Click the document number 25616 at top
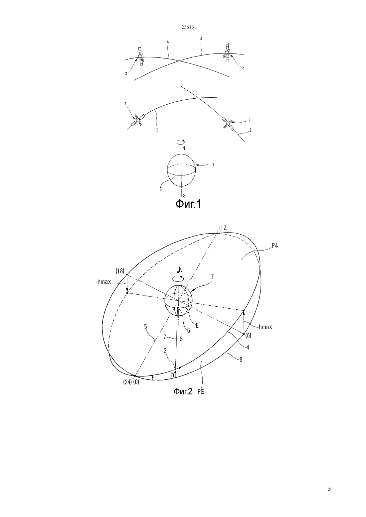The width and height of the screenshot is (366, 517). tap(187, 27)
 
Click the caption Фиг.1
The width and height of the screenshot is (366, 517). tap(188, 204)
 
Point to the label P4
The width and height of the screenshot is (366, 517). tap(274, 246)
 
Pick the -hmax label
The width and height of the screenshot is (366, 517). tap(103, 282)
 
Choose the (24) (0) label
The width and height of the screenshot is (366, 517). tap(131, 382)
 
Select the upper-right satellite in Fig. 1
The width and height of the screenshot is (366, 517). tap(227, 52)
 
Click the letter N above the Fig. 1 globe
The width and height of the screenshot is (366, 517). tap(184, 149)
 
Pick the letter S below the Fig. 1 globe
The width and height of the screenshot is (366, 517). tap(184, 196)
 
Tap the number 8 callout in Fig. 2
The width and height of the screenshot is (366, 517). tap(241, 360)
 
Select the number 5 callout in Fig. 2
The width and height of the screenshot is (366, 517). tap(145, 327)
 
